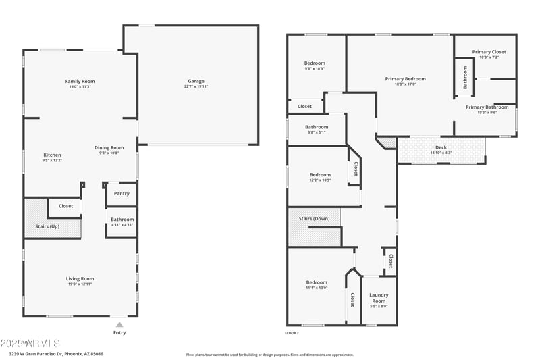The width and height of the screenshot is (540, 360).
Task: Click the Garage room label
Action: point(196,81)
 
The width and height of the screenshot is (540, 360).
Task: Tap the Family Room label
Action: point(80,81)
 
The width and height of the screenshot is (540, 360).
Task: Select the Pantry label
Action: point(122,194)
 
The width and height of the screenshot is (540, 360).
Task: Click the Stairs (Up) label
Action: point(47,226)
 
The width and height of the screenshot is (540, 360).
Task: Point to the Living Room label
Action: point(80,278)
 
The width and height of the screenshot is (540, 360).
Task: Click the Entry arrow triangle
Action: point(119,324)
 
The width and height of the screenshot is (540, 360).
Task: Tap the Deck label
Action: point(441,147)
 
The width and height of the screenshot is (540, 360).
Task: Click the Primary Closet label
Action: point(489,52)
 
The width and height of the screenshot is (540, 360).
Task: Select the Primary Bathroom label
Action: point(487,107)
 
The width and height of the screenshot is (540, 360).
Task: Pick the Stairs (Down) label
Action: point(314,218)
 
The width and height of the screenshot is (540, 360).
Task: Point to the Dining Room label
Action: point(109,147)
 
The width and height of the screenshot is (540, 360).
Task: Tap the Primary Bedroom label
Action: point(405,79)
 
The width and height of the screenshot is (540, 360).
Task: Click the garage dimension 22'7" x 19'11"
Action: point(196,87)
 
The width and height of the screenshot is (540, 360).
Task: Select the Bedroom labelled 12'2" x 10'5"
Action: point(320,174)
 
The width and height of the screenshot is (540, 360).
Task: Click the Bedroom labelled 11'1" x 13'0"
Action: point(317,282)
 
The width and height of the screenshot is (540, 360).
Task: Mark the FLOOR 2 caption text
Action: point(292,333)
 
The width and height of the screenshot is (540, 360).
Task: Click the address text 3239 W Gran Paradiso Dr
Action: point(37,353)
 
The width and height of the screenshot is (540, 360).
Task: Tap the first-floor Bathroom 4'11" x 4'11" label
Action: point(122,219)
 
